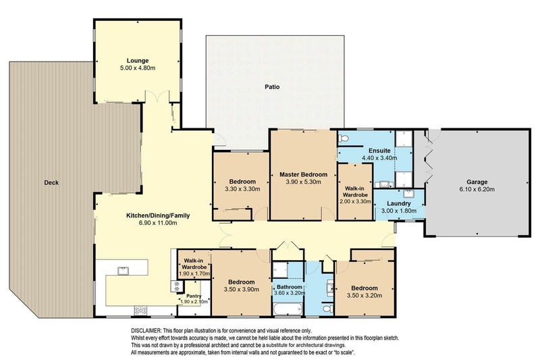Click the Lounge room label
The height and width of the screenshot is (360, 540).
(137, 59)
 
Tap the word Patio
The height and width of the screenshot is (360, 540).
(272, 87)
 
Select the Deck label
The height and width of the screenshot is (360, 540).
(51, 182)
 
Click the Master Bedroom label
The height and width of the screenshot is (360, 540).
(303, 174)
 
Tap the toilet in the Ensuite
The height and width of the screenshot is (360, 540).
(344, 138)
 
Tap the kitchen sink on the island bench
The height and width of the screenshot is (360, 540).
(124, 271)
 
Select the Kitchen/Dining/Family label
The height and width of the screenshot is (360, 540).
(158, 215)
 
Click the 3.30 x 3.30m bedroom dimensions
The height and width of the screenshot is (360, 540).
(241, 190)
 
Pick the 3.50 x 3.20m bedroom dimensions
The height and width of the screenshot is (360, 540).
(364, 294)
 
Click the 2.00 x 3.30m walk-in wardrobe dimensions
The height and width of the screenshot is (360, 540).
(354, 201)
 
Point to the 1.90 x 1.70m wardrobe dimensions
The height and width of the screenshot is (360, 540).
(193, 274)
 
